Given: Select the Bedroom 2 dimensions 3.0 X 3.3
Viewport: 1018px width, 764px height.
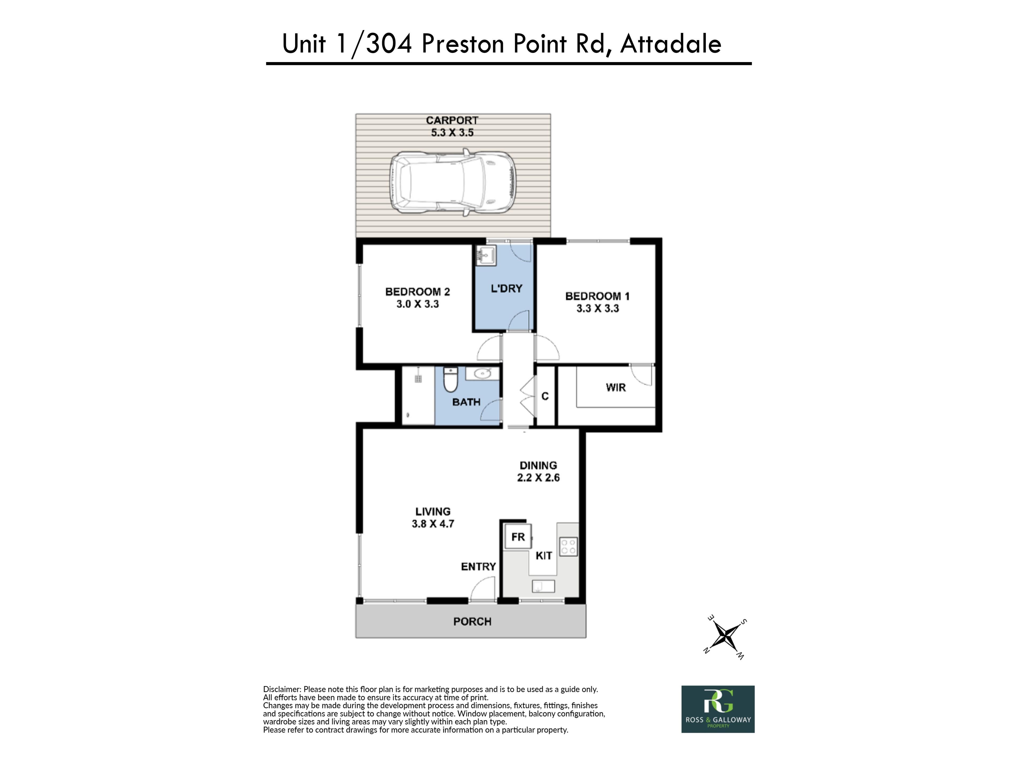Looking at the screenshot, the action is (418, 304).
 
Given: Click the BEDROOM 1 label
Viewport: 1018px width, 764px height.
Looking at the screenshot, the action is (597, 296).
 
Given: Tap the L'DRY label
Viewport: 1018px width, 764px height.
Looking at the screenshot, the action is (506, 289).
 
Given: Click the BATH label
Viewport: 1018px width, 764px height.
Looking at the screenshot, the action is (466, 402).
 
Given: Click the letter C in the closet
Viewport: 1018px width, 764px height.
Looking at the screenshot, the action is (545, 396).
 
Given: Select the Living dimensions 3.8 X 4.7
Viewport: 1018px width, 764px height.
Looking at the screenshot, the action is (433, 524).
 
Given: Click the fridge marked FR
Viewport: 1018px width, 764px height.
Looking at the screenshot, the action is (518, 536).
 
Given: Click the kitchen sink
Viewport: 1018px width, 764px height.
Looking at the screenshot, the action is (543, 586).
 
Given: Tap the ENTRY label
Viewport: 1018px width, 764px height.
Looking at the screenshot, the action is (479, 566).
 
